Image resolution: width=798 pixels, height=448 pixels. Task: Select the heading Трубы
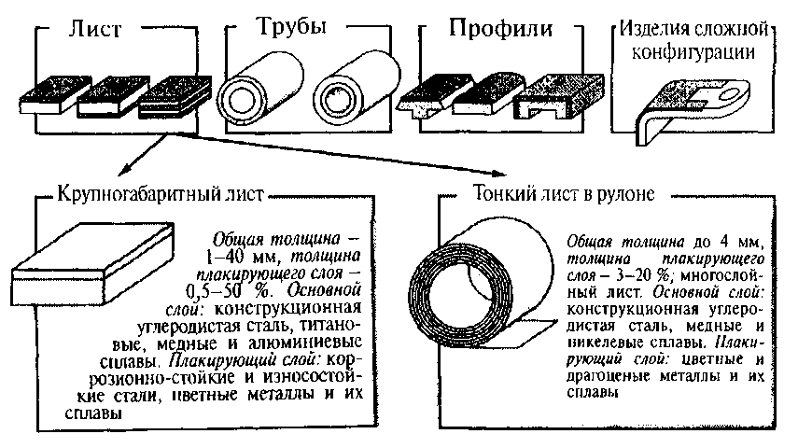tap(286, 28)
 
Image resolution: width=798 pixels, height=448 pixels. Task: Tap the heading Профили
tap(499, 29)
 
